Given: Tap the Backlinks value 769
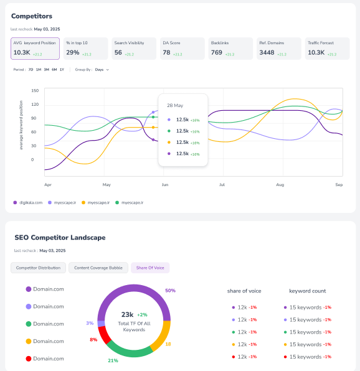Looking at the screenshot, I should coord(216,53).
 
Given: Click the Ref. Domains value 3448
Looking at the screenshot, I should coord(267,53).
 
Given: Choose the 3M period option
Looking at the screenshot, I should coord(47,70).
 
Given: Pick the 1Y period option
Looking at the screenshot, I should coord(62,70).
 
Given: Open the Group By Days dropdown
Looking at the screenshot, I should coord(101,70).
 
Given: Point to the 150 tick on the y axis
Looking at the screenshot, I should coord(35,90).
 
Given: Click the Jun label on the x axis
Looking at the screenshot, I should coord(164,185).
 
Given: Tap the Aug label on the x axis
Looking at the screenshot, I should coord(280,185).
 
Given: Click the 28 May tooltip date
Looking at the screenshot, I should coord(174,106).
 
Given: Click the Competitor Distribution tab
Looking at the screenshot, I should coord(38,268).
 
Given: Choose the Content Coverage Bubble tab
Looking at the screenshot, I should coord(98,268).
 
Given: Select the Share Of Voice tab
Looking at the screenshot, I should coord(149,268).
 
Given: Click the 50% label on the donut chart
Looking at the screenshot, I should coord(170,291).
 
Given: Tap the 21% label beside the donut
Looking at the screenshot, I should coord(113,360).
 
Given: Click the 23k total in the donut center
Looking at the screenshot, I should coord(128,315).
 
